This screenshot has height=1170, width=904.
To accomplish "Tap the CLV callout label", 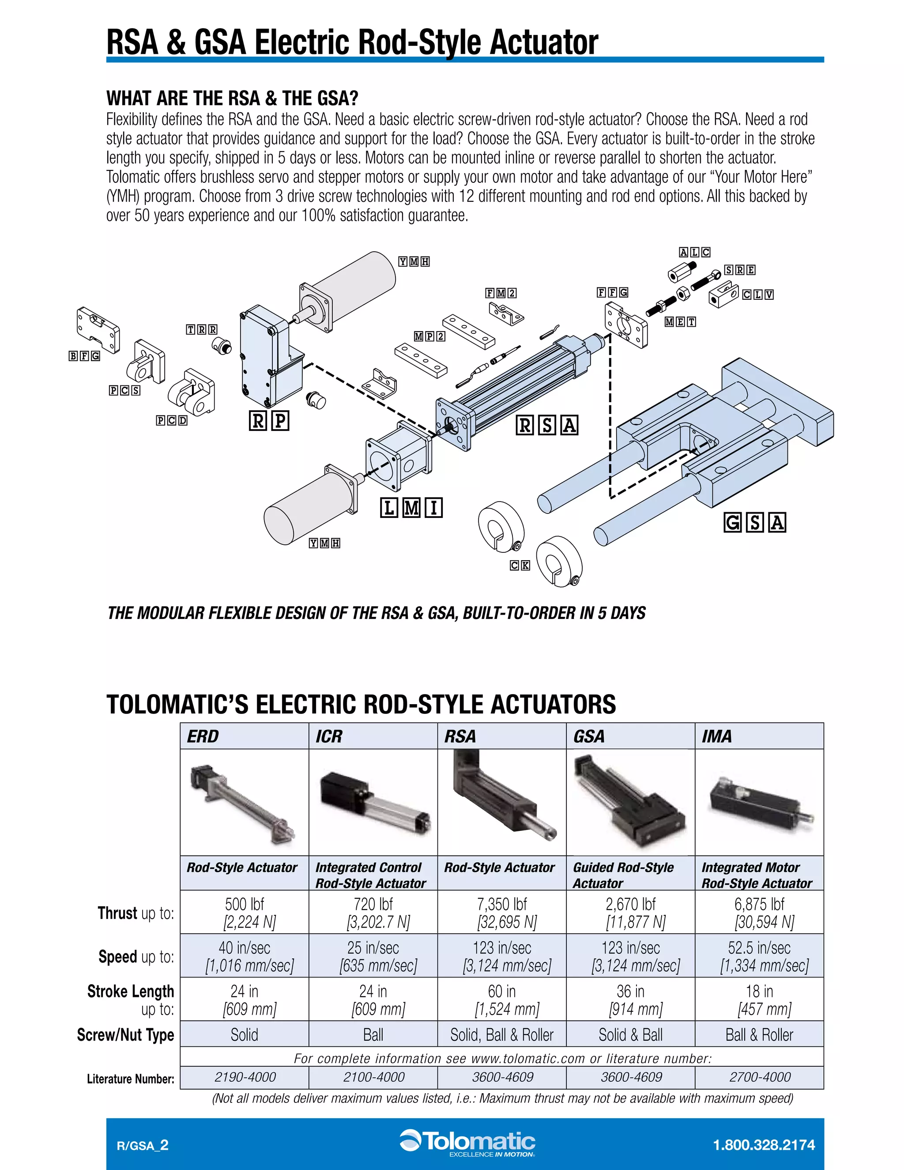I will (x=758, y=294).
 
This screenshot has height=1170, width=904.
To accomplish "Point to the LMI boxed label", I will (x=411, y=507).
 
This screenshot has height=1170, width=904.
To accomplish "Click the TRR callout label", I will (x=201, y=329).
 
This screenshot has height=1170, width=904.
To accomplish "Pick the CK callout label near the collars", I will (x=520, y=565).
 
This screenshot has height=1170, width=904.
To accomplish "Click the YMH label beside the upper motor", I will (x=414, y=261).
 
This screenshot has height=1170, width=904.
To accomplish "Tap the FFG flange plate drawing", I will (x=625, y=325).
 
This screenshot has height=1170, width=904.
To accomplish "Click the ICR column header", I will (x=328, y=736).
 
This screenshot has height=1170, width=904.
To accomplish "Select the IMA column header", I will (x=716, y=736).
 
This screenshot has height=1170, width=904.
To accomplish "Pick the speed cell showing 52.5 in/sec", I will (x=759, y=956).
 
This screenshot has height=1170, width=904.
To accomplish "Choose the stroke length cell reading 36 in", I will (x=630, y=1000).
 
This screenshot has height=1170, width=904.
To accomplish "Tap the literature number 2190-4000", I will (x=245, y=1077).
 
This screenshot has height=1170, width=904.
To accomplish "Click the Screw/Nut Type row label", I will (x=125, y=1034).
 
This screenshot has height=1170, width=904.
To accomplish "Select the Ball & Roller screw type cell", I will (x=759, y=1034).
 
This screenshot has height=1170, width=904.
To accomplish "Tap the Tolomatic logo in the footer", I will (x=467, y=1144).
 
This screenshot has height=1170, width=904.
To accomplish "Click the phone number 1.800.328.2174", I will (x=764, y=1145).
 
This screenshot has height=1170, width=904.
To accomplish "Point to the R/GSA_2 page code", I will (x=143, y=1145).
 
